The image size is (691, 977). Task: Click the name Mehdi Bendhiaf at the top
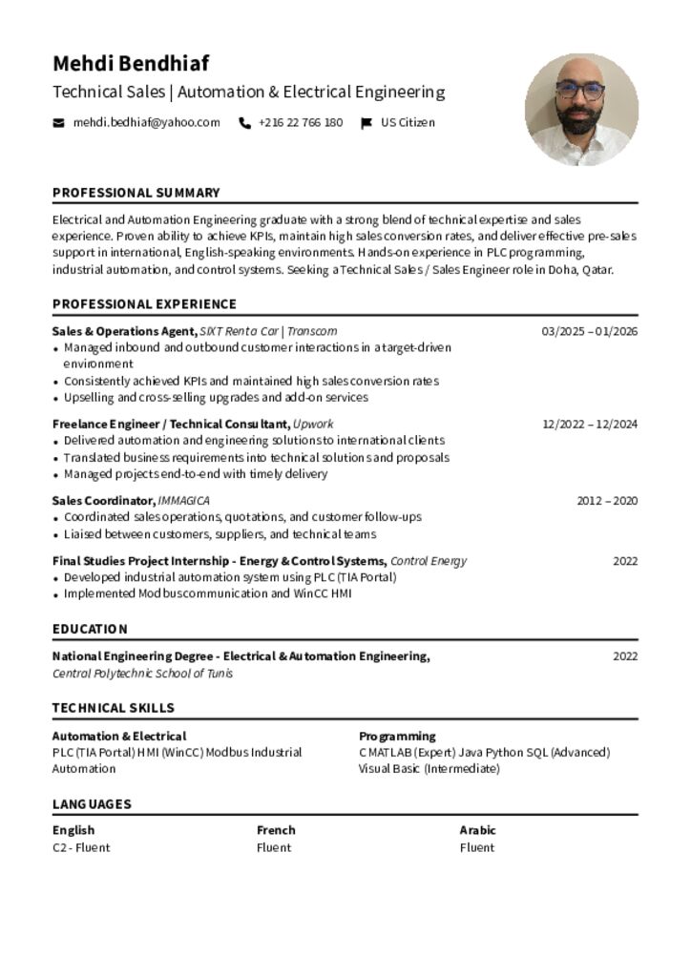tap(130, 64)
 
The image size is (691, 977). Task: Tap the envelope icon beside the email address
tap(59, 123)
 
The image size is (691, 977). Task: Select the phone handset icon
tap(245, 123)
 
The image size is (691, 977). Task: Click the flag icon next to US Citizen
tap(366, 123)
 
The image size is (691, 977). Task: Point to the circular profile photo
tap(581, 110)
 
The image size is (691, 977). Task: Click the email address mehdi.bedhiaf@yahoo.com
tap(146, 122)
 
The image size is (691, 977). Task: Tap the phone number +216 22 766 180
tap(300, 122)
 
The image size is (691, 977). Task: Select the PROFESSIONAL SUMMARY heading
tap(136, 193)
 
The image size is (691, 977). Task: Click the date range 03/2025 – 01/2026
tap(589, 331)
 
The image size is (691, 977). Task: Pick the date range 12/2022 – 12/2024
tap(590, 424)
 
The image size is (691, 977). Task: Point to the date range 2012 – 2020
tap(607, 501)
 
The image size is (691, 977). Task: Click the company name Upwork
tap(313, 424)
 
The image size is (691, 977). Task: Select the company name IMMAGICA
tap(183, 501)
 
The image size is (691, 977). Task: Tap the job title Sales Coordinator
tap(103, 501)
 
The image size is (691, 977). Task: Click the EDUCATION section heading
tap(90, 630)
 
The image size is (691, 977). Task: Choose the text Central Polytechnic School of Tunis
tap(142, 674)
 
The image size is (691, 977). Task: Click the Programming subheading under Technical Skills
tap(397, 737)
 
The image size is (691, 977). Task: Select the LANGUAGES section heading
tap(92, 804)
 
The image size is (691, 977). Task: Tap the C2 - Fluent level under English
tap(81, 847)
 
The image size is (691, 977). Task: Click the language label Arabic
tap(477, 830)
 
